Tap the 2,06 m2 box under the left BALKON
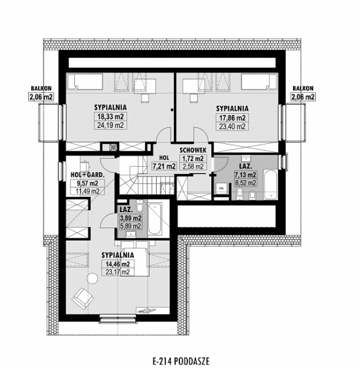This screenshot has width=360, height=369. click(x=41, y=97)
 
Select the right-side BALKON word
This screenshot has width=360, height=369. click(x=303, y=88)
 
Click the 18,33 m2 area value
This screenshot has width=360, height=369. click(x=111, y=117)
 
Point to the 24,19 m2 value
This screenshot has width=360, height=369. click(x=111, y=126)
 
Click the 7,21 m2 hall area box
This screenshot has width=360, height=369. click(x=164, y=167)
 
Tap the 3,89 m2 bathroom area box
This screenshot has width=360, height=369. click(x=130, y=218)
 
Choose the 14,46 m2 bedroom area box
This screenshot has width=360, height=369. click(x=118, y=264)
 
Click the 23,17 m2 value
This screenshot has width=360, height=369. click(x=118, y=272)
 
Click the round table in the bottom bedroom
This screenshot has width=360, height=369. click(x=92, y=277)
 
